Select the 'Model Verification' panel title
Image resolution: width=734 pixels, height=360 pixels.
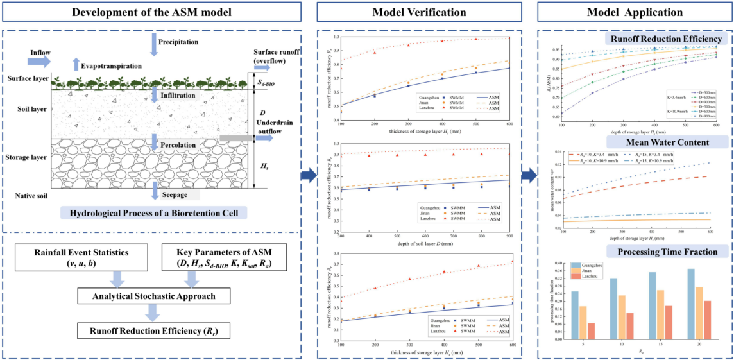420,12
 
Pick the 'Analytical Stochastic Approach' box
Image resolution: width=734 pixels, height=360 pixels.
153,296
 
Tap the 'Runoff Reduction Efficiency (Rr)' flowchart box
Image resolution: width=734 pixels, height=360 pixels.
153,331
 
